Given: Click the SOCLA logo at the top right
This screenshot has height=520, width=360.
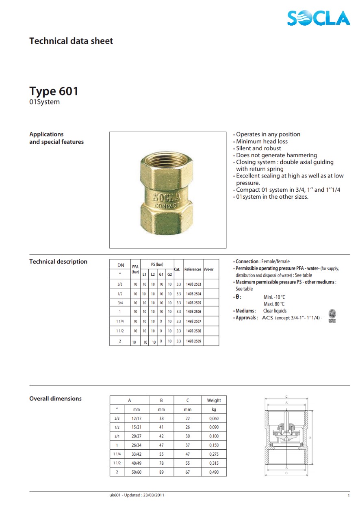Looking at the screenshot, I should pos(318,18).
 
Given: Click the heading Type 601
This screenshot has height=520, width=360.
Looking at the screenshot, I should pos(54,91).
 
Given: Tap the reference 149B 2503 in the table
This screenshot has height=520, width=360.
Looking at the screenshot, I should pos(193,284).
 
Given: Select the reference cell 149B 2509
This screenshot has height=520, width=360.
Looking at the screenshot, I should pos(193,341).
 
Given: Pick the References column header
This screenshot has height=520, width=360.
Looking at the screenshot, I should pos(193,269).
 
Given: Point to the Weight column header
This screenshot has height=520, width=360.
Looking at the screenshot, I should pos(214,401).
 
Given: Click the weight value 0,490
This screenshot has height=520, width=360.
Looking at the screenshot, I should pos(214,472).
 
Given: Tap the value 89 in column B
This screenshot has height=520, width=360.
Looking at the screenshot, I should pos(161,472).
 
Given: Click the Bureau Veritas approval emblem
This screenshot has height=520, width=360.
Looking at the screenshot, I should pos(332,315).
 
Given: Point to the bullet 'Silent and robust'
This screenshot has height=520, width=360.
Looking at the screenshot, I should pos(258,148).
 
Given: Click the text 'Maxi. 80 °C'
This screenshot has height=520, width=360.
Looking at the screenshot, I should pos(274,304).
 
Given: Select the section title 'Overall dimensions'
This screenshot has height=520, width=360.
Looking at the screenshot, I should pos(55,399).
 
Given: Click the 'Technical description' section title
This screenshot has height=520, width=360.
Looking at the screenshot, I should pos(58,262).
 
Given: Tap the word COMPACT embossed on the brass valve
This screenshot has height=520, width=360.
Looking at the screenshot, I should pos(167,206).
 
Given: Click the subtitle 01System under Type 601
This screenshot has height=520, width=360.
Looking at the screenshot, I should pos(44,102).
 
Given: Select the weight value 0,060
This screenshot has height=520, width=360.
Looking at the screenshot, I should pos(214,418).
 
